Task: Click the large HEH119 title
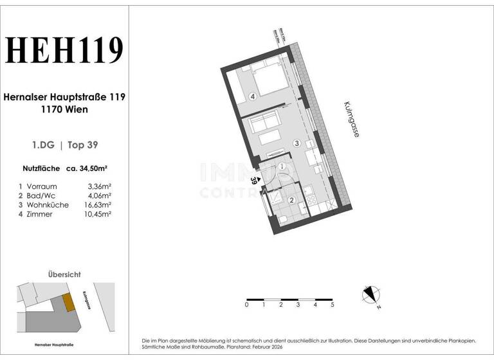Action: (x=64, y=51)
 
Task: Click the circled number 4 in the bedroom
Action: (x=253, y=97)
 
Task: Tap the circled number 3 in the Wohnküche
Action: (x=296, y=143)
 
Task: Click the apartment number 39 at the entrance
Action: (x=255, y=182)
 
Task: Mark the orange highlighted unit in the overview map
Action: (x=69, y=302)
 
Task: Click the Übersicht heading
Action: (x=64, y=274)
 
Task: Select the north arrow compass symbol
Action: (x=370, y=294)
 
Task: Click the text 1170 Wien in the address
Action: (x=64, y=109)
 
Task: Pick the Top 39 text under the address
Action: (x=82, y=145)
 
